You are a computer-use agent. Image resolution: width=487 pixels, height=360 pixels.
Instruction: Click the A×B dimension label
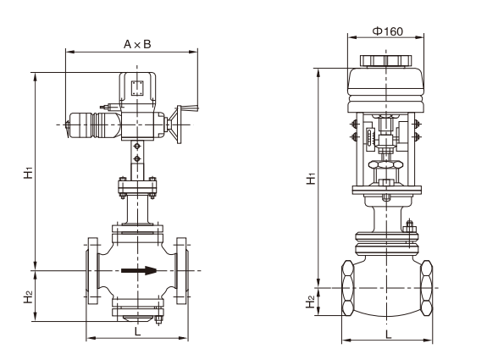tap(137, 44)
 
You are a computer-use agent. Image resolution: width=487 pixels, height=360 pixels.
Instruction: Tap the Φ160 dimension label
tap(387, 31)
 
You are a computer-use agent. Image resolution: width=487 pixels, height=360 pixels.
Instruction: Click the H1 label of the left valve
tap(28, 173)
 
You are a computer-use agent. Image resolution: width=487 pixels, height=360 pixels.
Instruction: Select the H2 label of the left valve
tap(28, 297)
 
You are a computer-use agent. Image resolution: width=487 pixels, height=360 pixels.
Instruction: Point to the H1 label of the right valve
tap(311, 179)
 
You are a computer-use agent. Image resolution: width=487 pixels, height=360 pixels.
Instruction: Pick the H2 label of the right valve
tap(311, 302)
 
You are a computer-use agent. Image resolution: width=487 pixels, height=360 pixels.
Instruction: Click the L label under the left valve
tap(137, 331)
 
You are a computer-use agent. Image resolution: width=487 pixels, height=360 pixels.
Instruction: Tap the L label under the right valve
tap(388, 335)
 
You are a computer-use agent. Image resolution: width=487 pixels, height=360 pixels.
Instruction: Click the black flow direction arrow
tap(139, 270)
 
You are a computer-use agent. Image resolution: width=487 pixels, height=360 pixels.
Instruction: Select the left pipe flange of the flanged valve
tap(92, 270)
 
